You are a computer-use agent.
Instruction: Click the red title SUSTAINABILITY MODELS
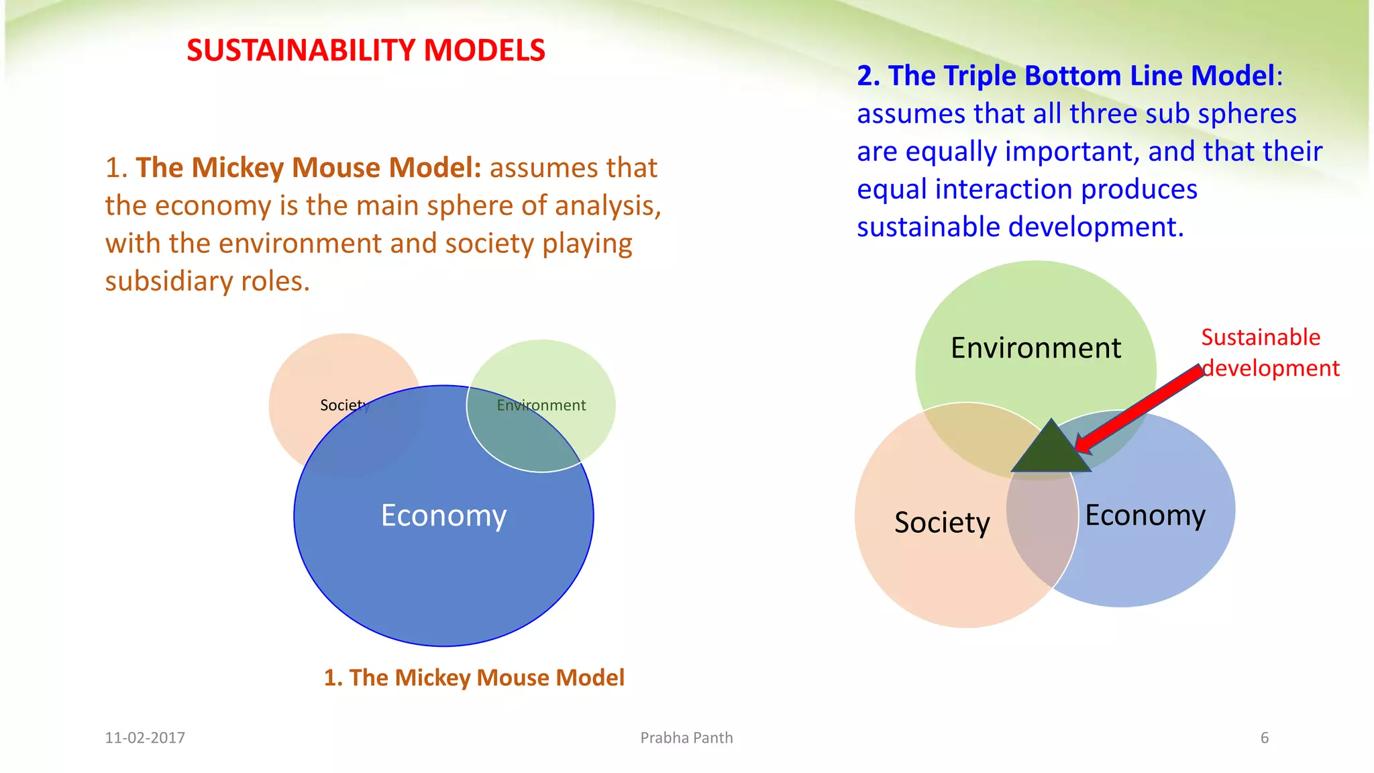click(366, 51)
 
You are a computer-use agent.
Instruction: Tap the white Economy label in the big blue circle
click(443, 515)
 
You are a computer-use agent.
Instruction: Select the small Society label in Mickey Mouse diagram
click(344, 405)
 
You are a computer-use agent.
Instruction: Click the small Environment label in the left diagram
click(541, 405)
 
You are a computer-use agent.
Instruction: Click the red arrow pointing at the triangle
click(1141, 409)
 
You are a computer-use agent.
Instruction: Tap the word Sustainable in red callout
click(1260, 337)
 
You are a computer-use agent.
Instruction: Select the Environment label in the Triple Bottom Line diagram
click(1035, 348)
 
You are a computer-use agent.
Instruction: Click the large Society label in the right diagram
click(941, 523)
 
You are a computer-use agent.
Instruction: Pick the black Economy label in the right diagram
click(1145, 515)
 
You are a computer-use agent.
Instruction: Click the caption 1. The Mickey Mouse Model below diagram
click(474, 678)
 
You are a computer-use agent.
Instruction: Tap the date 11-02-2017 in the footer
click(145, 738)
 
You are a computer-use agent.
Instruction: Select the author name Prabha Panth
click(686, 738)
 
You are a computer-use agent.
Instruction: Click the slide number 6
click(1264, 738)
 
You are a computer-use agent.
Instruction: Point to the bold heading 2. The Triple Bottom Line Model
click(1065, 76)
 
